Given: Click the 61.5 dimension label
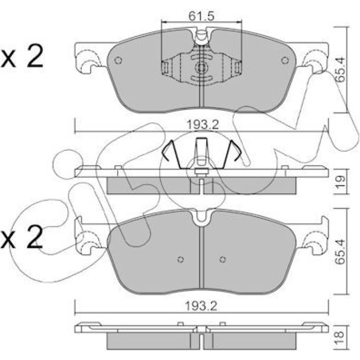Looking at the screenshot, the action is coord(202,16).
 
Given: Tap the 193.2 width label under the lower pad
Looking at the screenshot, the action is coord(201,307).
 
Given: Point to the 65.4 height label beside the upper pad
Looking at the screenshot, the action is coord(340,70).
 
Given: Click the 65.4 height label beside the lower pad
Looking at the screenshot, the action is coord(340,251).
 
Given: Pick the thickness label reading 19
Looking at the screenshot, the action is coord(340,182).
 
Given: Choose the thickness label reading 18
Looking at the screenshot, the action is coord(340,337).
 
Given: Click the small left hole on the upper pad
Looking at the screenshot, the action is coord(118,60).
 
